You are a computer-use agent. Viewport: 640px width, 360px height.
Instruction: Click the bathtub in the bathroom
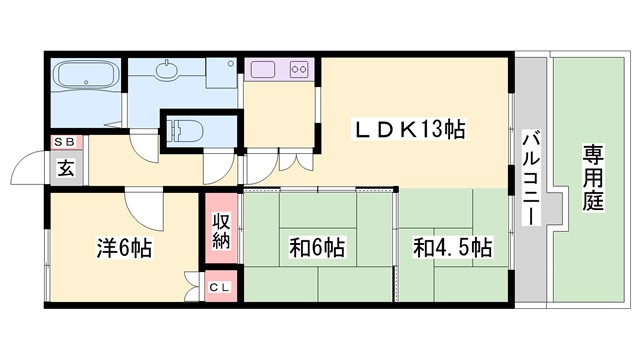tap(86, 77)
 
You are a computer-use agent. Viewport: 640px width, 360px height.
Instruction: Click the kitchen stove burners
tap(298, 70)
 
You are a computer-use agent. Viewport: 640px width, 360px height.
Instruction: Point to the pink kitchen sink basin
tap(263, 70)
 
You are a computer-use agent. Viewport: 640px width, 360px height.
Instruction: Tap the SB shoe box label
tap(65, 143)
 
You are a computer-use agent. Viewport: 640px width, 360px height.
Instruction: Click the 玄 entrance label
tap(65, 168)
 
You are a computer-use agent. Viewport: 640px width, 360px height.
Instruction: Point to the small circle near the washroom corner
tap(231, 64)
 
